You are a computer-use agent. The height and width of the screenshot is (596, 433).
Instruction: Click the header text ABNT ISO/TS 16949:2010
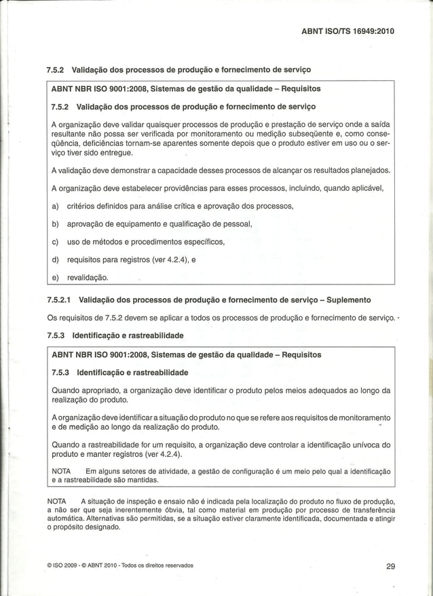click(347, 31)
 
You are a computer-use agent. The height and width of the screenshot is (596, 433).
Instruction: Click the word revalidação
click(88, 277)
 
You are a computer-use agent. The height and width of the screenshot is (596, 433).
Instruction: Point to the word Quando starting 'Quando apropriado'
click(69, 390)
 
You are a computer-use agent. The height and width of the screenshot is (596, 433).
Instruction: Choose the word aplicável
click(364, 187)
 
